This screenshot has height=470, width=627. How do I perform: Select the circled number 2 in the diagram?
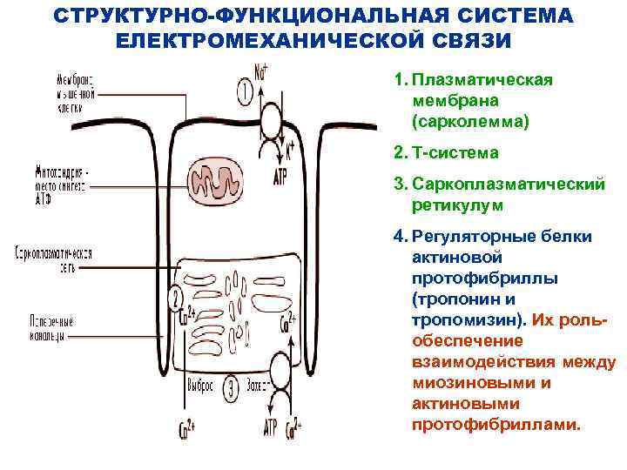tap(177, 298)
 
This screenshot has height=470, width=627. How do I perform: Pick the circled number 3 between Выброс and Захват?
tap(232, 384)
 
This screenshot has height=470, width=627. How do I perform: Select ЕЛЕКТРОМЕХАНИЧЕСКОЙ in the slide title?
tap(265, 41)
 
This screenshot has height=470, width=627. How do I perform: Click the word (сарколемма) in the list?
tap(470, 121)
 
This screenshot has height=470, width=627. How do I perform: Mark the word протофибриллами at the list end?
tap(496, 425)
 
